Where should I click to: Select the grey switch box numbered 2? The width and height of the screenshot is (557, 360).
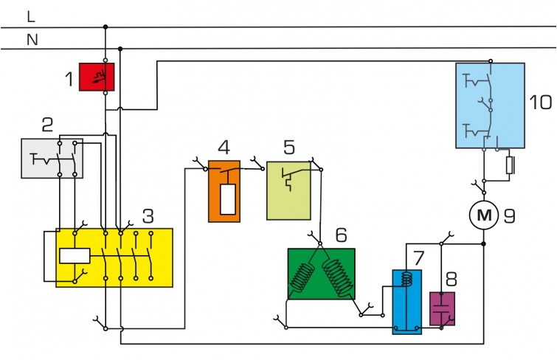(52, 158)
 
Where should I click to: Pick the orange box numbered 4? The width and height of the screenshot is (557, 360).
(224, 191)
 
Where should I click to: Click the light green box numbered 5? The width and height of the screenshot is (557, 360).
(288, 190)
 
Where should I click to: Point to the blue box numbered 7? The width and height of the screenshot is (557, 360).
(406, 301)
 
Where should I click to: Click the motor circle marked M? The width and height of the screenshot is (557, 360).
(483, 215)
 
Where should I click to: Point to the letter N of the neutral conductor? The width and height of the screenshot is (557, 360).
(32, 40)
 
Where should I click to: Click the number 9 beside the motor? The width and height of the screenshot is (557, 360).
(509, 216)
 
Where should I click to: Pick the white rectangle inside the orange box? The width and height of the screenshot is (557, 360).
(228, 199)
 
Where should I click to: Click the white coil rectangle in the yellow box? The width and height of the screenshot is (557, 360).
(74, 256)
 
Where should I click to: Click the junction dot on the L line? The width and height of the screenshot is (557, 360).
(105, 27)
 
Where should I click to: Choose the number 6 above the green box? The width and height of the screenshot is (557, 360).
(340, 235)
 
